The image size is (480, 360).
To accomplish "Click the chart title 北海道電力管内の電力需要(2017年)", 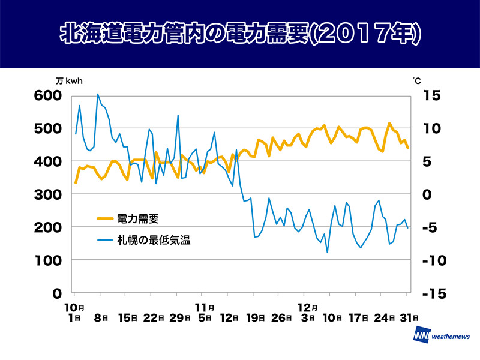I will coord(240,34).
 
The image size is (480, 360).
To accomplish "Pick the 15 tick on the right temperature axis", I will coord(433,96).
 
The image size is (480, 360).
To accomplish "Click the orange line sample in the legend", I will coord(107,219).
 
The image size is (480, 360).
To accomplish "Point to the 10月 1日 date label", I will coord(73,312).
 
